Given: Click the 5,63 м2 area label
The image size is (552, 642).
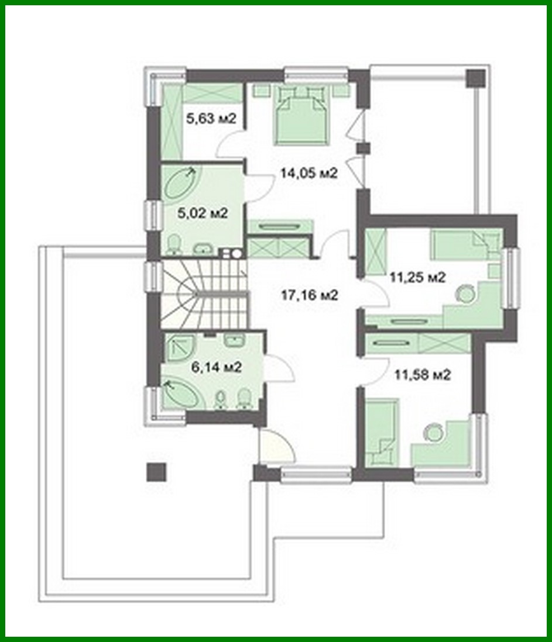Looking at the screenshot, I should point(211,119).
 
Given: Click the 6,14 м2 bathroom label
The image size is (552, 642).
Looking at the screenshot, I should point(217,367).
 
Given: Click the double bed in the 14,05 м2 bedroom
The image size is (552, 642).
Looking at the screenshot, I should point(301,114).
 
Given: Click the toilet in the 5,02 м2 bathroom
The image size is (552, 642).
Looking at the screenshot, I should point(174,244).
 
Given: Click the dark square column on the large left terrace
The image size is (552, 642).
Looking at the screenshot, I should point(156,471).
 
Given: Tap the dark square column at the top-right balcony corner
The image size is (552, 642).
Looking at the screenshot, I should point(475,78).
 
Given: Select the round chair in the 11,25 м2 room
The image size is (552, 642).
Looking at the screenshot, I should point(465,294).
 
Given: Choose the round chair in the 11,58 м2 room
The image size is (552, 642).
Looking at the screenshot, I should point(434,432).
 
